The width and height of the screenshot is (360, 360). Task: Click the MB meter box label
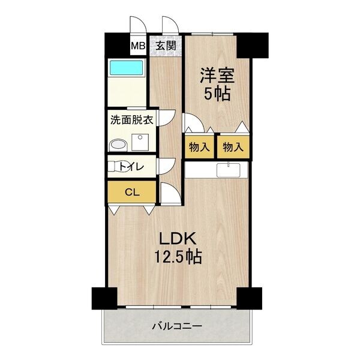pos(138,44)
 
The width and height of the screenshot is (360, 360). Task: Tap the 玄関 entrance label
pos(166,44)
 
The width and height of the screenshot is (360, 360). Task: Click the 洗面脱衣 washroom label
pos(131,119)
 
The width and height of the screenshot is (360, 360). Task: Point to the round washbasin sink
pos(118,145)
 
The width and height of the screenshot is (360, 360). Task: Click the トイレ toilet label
pos(131,167)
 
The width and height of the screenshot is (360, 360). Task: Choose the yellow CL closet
pos(131,192)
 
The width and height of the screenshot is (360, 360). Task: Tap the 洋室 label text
pos(217,76)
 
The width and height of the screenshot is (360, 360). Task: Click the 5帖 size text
pos(217,94)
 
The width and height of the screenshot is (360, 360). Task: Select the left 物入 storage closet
pos(199,147)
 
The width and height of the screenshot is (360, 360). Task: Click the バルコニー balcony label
pos(176,326)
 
